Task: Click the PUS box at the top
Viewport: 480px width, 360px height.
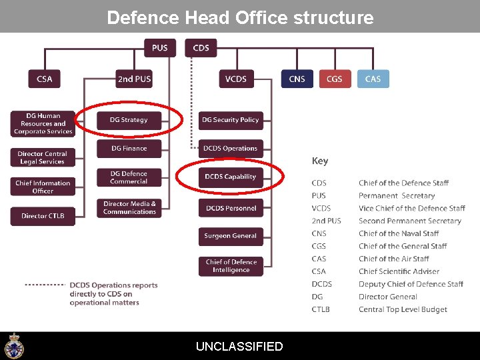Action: tap(159, 48)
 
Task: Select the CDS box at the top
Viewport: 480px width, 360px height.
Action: tap(201, 48)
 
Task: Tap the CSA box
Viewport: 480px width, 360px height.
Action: tap(44, 79)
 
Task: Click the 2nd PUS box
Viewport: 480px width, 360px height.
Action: tap(134, 79)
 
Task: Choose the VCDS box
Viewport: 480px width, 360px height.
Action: tap(236, 79)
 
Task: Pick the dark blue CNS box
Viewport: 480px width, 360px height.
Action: tap(297, 79)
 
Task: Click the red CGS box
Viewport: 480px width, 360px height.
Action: tap(335, 79)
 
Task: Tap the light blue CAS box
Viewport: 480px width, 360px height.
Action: tap(373, 79)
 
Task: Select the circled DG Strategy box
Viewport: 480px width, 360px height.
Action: tap(129, 120)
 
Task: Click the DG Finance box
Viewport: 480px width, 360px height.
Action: tap(129, 149)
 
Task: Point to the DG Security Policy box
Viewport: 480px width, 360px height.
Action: tap(231, 120)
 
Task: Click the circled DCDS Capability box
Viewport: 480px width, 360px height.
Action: tap(231, 177)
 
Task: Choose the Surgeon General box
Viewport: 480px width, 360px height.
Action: tap(231, 236)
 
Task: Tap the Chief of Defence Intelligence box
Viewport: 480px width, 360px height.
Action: tap(231, 266)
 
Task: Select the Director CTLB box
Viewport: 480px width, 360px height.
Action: tap(43, 216)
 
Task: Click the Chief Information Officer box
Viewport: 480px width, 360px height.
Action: tap(43, 187)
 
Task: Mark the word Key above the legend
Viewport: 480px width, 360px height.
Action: tap(320, 161)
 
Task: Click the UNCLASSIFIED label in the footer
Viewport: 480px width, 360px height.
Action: tap(239, 347)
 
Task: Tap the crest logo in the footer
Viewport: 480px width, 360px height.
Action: tap(13, 346)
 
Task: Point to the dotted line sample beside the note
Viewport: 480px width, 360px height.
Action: tap(45, 285)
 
